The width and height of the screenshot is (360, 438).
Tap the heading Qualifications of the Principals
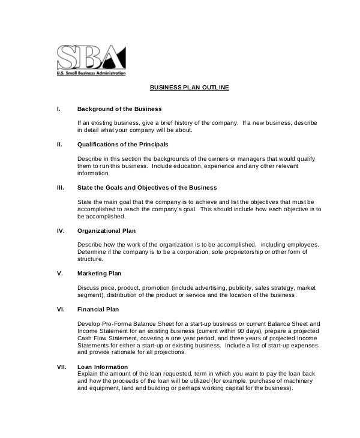(122, 145)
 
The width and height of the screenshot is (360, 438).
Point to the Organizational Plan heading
(107, 230)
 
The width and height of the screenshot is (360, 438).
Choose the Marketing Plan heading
(100, 273)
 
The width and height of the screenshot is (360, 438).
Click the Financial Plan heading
(98, 309)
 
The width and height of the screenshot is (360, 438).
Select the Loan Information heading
(103, 367)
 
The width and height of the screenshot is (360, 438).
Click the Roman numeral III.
(60, 187)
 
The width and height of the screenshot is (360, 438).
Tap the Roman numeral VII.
(61, 367)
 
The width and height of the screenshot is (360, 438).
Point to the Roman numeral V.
(59, 273)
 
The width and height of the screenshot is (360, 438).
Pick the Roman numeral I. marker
(58, 109)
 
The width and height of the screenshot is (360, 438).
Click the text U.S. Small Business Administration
(91, 73)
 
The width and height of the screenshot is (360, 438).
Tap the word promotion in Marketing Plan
(155, 288)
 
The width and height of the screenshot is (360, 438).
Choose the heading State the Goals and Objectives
(147, 187)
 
